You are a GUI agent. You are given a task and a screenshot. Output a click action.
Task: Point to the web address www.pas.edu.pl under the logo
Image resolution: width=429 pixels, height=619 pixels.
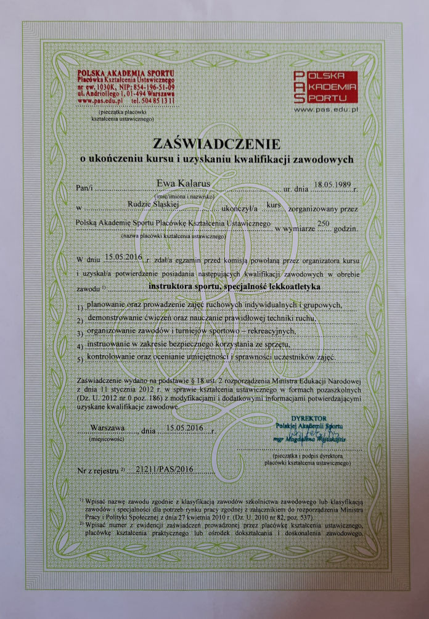pos(327,109)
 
